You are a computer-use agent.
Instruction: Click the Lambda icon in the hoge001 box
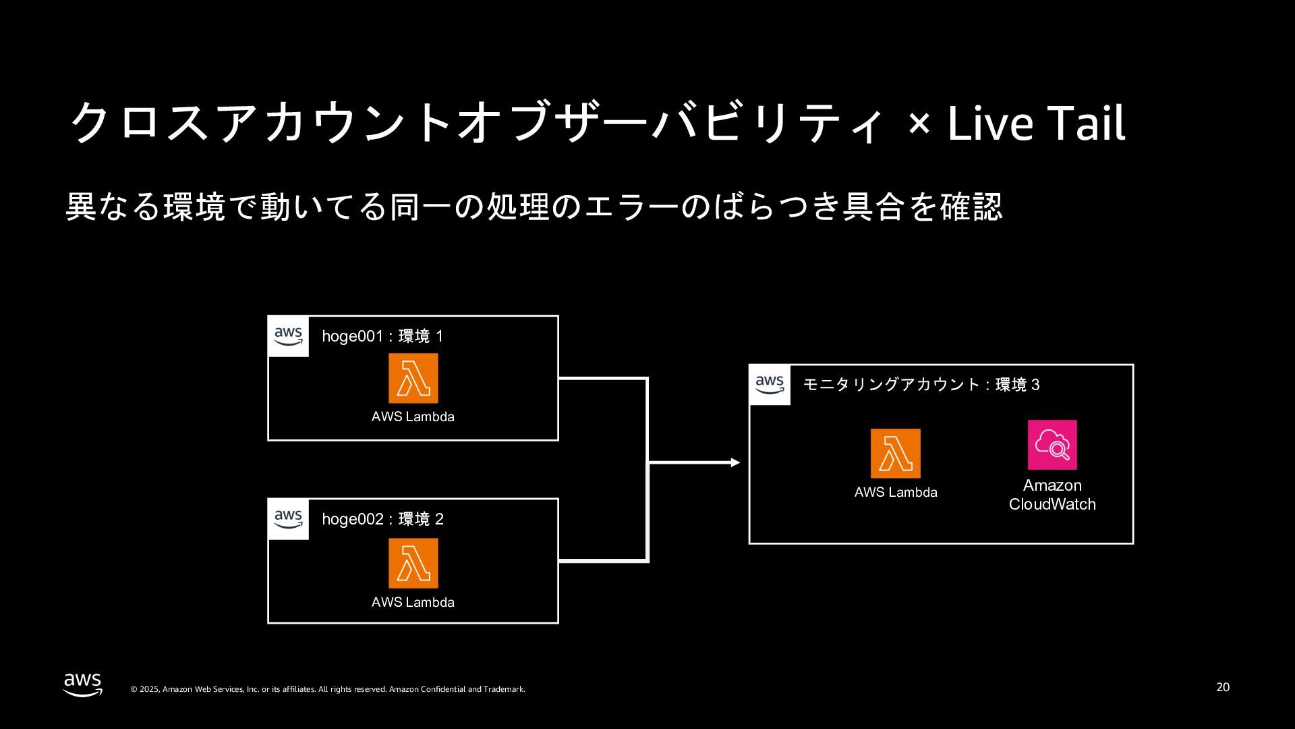tap(413, 378)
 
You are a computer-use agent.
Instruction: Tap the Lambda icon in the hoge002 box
tap(413, 563)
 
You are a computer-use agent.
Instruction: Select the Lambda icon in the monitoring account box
tap(895, 454)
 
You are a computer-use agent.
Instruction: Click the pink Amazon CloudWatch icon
tap(1052, 445)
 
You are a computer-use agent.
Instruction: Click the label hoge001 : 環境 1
tap(382, 336)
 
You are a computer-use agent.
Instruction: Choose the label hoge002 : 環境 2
tap(382, 519)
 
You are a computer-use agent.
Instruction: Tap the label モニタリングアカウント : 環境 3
tap(921, 385)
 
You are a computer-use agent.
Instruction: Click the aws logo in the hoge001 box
tap(289, 335)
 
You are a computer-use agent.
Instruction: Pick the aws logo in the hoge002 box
tap(289, 518)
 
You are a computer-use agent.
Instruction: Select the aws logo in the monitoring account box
tap(770, 385)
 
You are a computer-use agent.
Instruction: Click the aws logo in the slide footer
tap(83, 684)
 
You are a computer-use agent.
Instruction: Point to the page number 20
tap(1223, 687)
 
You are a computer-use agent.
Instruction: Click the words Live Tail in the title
tap(1036, 124)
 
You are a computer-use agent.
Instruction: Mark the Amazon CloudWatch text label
tap(1052, 495)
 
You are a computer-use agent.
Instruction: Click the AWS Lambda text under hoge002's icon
tap(413, 602)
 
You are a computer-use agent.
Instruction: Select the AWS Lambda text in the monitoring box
tap(896, 492)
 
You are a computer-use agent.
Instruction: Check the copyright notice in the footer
tap(327, 689)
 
